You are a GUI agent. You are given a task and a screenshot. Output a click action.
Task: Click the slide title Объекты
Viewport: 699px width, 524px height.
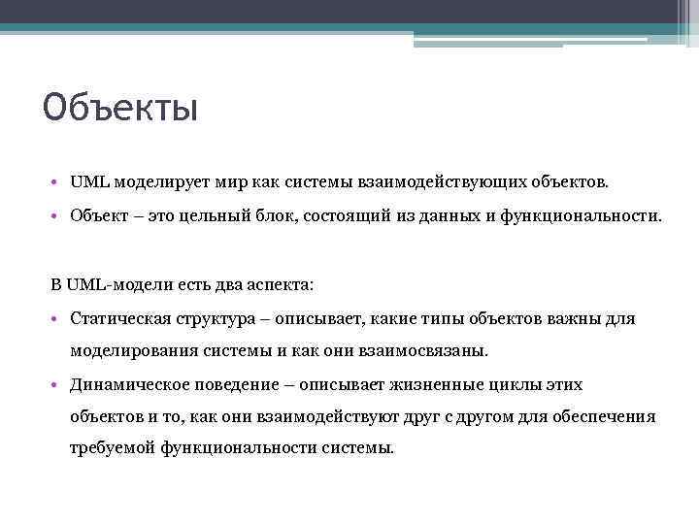pyautogui.click(x=120, y=107)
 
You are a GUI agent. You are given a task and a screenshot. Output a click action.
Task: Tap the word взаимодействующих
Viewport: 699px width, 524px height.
pyautogui.click(x=438, y=181)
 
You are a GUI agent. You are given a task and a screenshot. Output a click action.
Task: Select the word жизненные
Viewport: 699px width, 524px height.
pyautogui.click(x=430, y=384)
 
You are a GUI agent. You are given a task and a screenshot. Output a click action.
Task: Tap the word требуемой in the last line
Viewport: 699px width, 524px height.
pyautogui.click(x=112, y=448)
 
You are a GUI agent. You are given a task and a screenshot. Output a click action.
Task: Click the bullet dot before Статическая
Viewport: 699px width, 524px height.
pyautogui.click(x=58, y=319)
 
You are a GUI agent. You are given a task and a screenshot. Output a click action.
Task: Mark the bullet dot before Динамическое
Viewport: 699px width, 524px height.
pyautogui.click(x=58, y=384)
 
